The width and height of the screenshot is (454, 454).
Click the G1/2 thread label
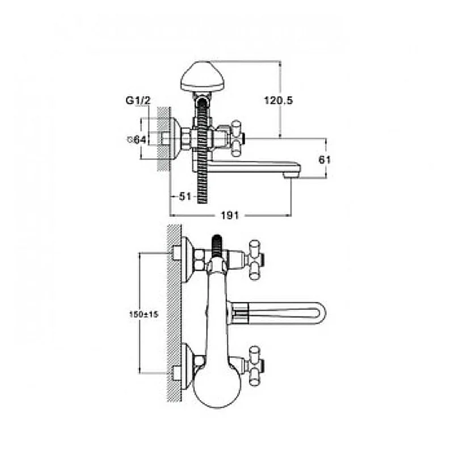(x=138, y=100)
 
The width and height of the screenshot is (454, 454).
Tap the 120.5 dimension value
(x=278, y=100)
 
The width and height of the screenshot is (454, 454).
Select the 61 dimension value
(x=325, y=159)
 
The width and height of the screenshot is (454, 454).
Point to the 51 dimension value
(x=185, y=196)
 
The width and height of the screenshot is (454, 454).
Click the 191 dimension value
(x=230, y=216)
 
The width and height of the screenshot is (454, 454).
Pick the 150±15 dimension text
(x=144, y=314)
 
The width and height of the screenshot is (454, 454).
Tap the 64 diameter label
(x=137, y=140)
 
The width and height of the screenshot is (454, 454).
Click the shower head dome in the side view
(x=203, y=76)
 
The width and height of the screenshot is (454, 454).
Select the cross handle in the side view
(x=237, y=138)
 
